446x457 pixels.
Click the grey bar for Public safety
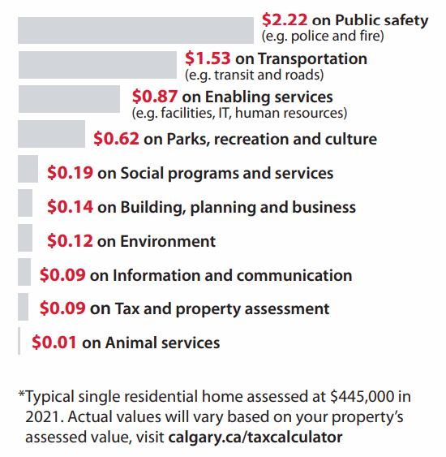click(135, 30)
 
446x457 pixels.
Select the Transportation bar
click(97, 65)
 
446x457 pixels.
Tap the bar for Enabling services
click(69, 99)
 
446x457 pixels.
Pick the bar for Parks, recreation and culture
click(52, 134)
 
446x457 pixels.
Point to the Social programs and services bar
click(28, 169)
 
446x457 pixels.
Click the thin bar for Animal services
click(19, 341)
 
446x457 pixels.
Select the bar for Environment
click(25, 238)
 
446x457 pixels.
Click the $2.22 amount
click(285, 19)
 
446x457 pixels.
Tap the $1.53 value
click(208, 58)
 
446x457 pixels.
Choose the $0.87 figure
click(155, 96)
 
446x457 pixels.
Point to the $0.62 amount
click(116, 139)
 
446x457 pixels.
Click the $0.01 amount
click(54, 342)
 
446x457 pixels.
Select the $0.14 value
click(71, 207)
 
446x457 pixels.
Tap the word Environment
click(168, 241)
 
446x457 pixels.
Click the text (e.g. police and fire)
click(323, 37)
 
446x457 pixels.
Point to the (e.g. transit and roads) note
click(254, 75)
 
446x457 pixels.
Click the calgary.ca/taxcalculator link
click(255, 438)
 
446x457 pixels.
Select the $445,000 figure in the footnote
click(362, 396)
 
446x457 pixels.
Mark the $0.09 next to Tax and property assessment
click(62, 308)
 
